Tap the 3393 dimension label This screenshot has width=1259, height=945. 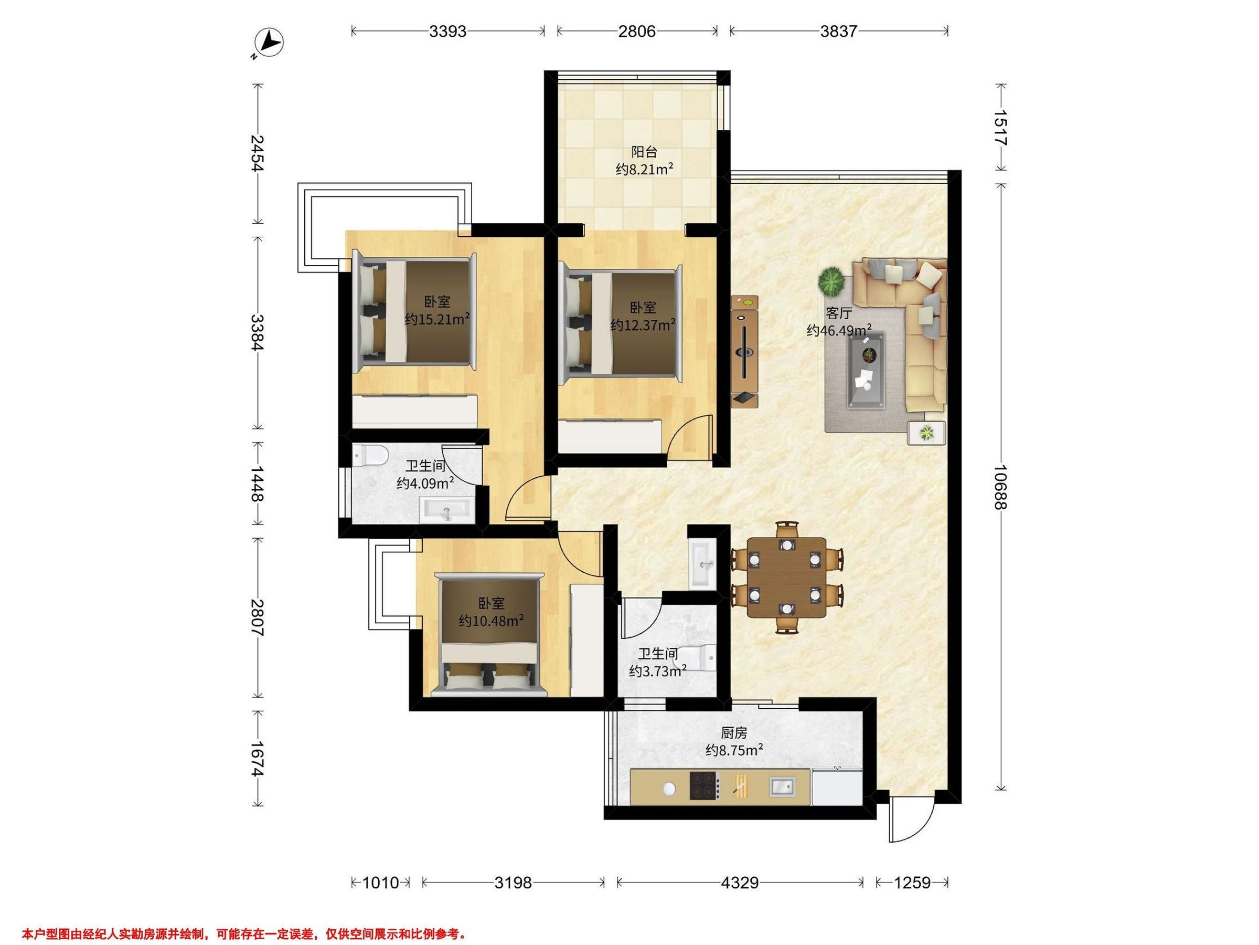point(448,31)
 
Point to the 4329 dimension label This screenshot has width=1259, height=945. point(740,883)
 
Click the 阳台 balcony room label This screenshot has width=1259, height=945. point(644,152)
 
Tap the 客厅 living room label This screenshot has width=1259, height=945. point(839,313)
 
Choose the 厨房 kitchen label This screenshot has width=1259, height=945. point(734,732)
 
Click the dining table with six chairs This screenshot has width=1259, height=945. point(786,576)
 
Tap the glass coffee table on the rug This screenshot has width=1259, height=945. point(867,370)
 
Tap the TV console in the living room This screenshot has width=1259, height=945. point(744,351)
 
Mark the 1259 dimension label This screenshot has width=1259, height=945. point(912,883)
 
